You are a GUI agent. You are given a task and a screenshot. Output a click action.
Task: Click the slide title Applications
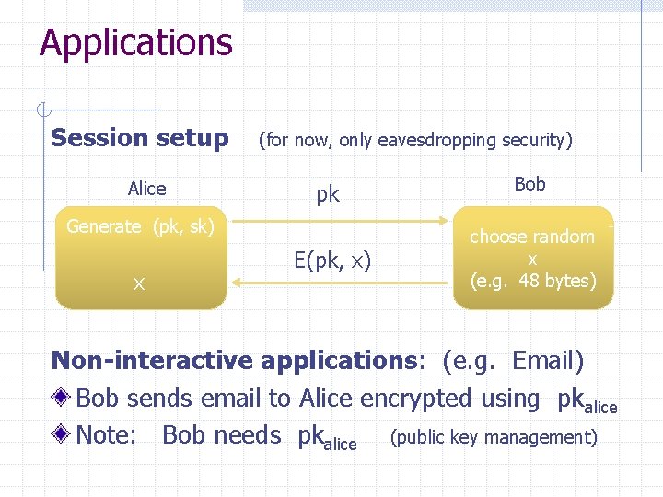136,43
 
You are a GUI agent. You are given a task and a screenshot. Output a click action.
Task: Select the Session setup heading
140,138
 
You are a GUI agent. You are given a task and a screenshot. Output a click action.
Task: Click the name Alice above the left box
147,189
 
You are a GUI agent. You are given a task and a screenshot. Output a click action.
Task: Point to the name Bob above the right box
529,184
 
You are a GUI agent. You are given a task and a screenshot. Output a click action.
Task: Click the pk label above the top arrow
328,194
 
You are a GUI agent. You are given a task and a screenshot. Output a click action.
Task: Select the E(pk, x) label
332,260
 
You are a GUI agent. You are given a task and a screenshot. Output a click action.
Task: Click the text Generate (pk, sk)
140,226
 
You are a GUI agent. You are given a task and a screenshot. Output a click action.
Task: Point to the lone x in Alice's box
138,284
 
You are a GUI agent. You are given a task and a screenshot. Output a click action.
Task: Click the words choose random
532,237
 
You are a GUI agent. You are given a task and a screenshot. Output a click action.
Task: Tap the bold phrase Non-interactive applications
235,360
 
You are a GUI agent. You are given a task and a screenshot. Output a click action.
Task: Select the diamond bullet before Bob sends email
62,399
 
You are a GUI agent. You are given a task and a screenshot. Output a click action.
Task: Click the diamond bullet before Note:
62,435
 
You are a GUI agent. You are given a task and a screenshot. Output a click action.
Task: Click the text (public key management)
494,437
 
